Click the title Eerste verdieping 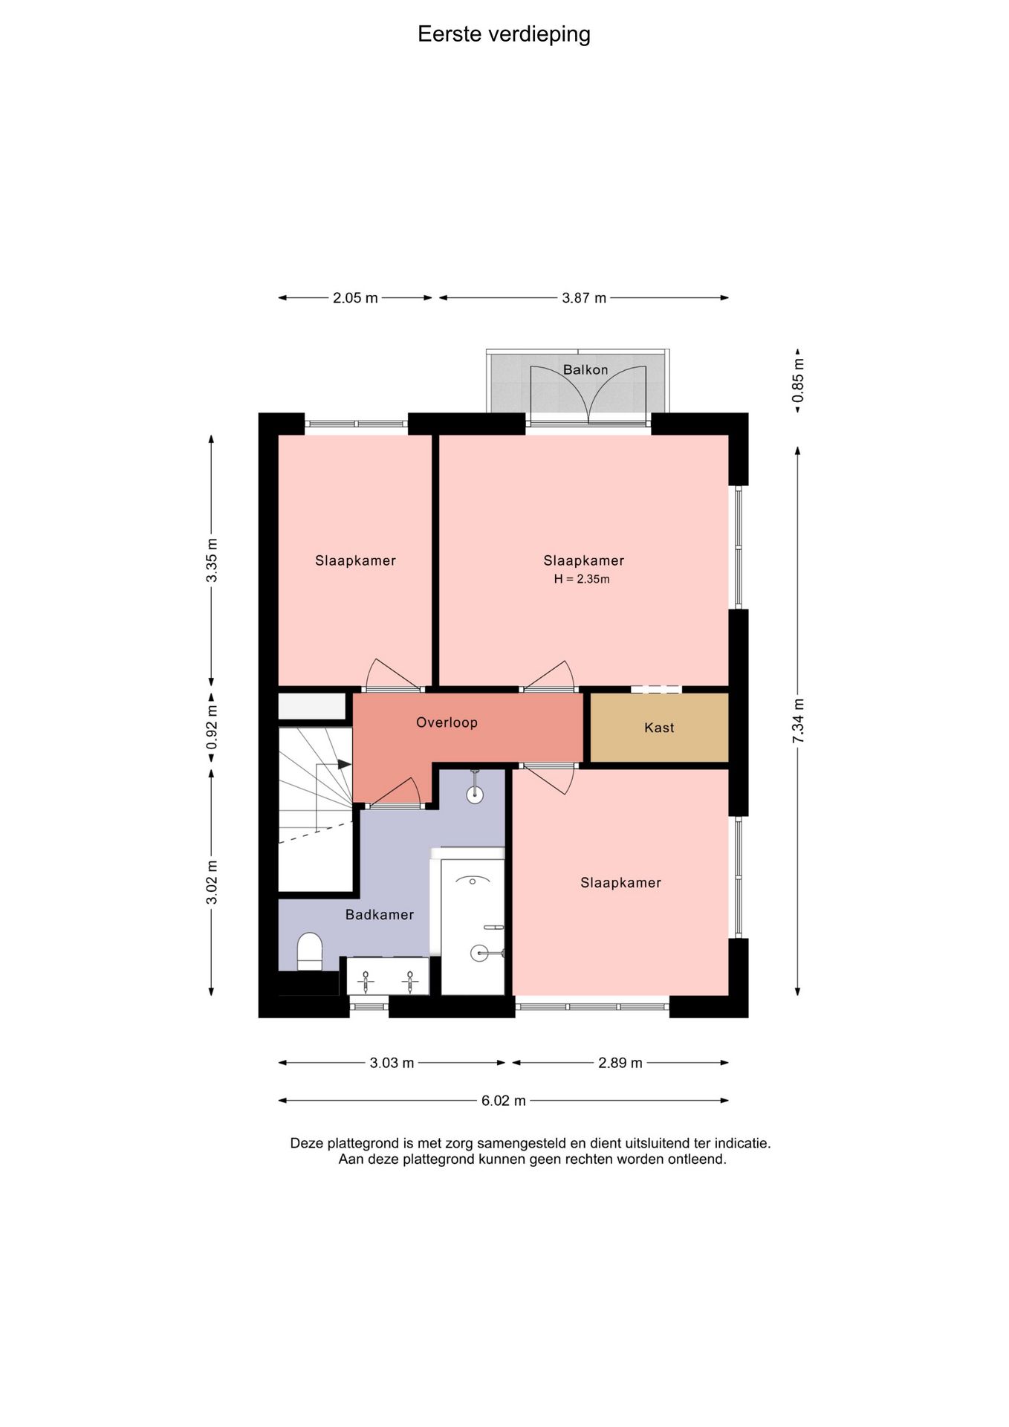(x=504, y=34)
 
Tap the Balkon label (x=585, y=369)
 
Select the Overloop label (x=447, y=722)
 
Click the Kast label (x=659, y=728)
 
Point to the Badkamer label (x=380, y=915)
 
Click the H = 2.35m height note (x=582, y=579)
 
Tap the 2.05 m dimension (x=355, y=298)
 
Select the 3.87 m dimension (x=584, y=298)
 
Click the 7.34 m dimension (x=798, y=721)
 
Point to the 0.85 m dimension (x=798, y=381)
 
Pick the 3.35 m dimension (x=212, y=560)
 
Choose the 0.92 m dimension (x=212, y=727)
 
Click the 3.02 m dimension (x=212, y=882)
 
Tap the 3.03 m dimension (x=392, y=1063)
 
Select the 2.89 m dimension (x=620, y=1063)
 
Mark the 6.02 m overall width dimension (x=504, y=1101)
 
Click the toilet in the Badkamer (x=310, y=952)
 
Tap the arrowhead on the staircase (x=345, y=764)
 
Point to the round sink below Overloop (x=475, y=794)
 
